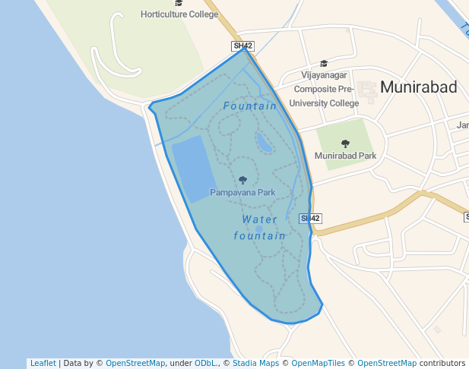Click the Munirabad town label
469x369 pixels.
tap(418, 87)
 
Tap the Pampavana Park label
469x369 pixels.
tap(242, 193)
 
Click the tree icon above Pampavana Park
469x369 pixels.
tap(242, 180)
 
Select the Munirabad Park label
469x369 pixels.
tap(345, 156)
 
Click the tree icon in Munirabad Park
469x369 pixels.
tap(346, 143)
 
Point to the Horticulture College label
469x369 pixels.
tap(179, 14)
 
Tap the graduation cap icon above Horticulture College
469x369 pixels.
tap(179, 3)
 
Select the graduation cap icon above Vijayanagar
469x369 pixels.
tap(324, 64)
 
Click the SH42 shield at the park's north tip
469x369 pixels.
tap(242, 46)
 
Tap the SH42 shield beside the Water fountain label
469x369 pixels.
tap(310, 219)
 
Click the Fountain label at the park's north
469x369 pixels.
tap(250, 106)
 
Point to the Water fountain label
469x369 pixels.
tap(260, 228)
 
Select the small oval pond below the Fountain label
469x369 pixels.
tap(264, 142)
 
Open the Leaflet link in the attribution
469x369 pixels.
tap(43, 363)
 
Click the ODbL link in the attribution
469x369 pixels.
tap(204, 363)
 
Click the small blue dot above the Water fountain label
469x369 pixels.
tap(259, 229)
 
